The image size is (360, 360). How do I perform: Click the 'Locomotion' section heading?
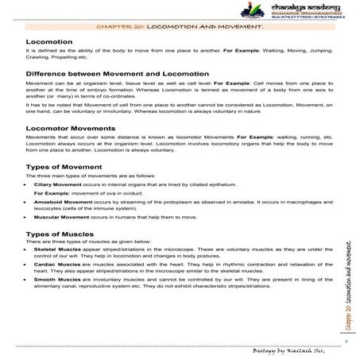coord(49,41)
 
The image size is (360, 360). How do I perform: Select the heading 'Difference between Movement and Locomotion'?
coord(108,73)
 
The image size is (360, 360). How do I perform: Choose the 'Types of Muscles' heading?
coord(60,236)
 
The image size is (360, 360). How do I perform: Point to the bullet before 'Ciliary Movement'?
coord(28,184)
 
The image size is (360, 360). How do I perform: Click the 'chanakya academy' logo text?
coord(305,6)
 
